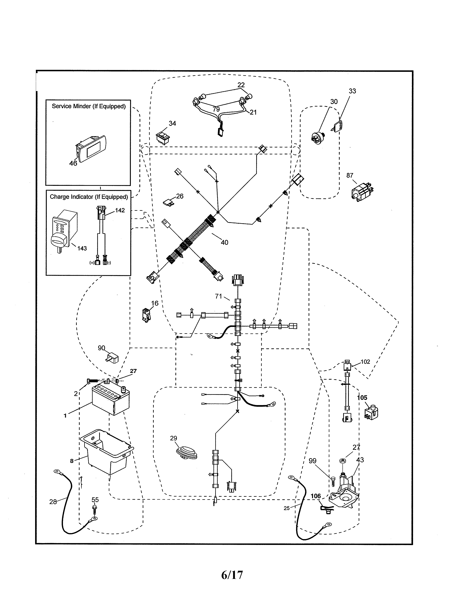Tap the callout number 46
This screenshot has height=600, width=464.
point(73,163)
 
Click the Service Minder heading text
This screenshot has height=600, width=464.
point(88,106)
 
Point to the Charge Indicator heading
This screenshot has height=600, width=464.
point(88,197)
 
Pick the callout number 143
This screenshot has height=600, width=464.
point(82,248)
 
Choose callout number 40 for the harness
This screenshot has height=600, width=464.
point(224,242)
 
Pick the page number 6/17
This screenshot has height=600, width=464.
point(232,574)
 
